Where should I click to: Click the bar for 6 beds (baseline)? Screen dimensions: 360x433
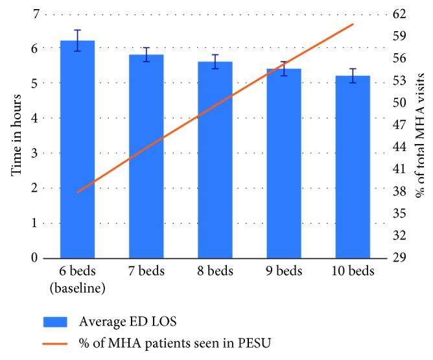[77, 149]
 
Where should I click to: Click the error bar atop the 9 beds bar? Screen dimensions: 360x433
[284, 69]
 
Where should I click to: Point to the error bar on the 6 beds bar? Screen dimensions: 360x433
[77, 40]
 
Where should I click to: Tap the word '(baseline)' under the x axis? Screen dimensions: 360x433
[77, 286]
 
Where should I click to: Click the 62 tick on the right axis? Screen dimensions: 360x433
[399, 13]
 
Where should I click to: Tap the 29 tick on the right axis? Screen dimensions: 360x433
[399, 258]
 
